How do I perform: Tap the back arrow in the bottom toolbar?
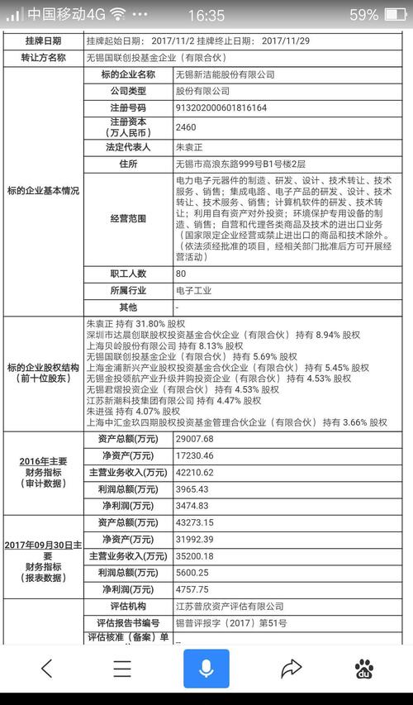46,668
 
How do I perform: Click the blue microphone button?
206,667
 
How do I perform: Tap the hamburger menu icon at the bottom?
122,668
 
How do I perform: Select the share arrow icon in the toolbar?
291,668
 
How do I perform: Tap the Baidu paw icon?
363,668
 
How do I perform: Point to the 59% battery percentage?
363,15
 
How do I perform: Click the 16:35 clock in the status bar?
206,15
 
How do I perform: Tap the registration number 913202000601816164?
221,107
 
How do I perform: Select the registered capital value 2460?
186,128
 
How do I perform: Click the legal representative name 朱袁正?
191,147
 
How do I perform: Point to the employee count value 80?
182,274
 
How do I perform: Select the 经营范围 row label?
127,219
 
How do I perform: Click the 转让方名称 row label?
42,57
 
